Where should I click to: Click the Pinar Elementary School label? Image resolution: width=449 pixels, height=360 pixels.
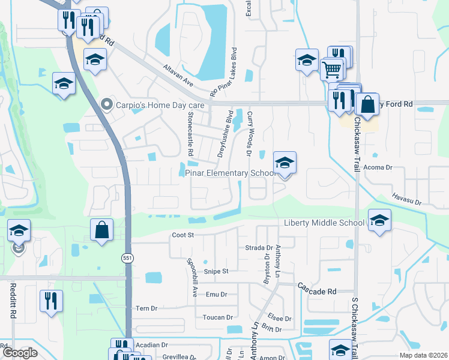pos(229,173)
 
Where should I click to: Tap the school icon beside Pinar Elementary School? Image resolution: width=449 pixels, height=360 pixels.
pos(285,163)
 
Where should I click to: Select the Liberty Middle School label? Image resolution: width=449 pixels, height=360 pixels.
pos(323,223)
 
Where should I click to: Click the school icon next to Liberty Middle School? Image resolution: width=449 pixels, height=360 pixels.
pos(379,221)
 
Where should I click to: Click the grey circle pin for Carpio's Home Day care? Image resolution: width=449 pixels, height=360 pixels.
pos(107,105)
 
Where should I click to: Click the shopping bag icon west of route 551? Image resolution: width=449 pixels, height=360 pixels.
pos(101,230)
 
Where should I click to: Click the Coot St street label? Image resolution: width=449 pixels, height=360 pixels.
pos(182,235)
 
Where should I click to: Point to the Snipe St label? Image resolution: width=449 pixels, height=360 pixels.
pos(216,271)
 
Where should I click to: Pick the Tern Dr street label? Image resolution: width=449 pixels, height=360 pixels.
pos(146,308)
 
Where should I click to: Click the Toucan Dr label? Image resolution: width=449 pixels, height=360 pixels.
pos(217,317)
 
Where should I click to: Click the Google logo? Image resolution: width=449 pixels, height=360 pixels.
pos(20,353)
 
